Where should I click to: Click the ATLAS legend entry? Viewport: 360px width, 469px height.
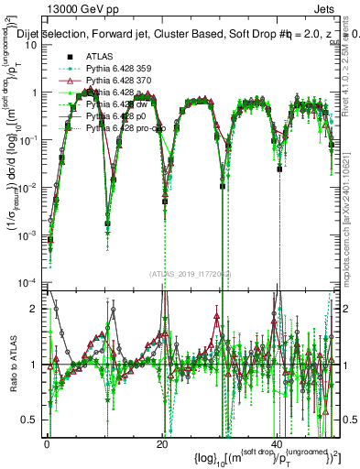(x=100, y=56)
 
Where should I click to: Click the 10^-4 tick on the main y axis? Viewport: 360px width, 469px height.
(x=31, y=281)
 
